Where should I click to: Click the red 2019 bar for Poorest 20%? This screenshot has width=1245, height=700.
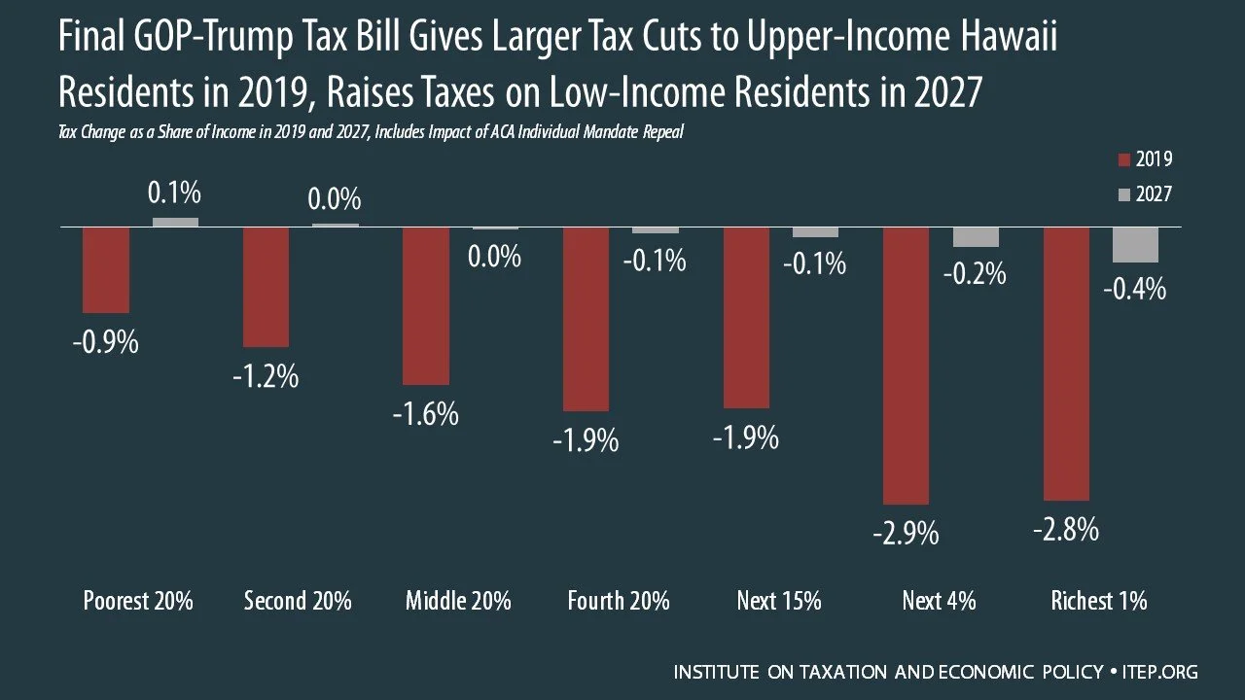106,270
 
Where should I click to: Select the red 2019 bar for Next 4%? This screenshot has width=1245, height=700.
906,366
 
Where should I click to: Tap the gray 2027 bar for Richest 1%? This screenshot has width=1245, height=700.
1135,244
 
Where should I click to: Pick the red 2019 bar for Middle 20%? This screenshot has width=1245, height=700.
426,305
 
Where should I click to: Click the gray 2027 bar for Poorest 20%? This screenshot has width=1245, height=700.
175,223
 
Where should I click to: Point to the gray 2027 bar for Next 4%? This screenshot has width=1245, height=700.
976,236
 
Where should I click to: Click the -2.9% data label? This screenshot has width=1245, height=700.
906,535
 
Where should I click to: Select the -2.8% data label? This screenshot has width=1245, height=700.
1066,529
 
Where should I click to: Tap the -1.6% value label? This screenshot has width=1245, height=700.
426,414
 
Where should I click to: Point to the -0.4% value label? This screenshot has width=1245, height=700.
1135,290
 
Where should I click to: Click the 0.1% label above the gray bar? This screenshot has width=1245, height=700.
174,192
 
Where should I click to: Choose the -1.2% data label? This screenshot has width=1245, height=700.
266,376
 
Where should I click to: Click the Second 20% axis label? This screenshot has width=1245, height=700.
298,601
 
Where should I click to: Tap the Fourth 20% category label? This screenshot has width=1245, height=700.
619,601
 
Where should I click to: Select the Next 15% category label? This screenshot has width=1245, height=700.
779,601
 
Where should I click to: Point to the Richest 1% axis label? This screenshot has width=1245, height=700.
1099,601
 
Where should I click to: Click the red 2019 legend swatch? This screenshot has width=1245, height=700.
1123,160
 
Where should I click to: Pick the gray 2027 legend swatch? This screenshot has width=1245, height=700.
1123,195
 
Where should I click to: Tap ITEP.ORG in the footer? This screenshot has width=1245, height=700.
1160,672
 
